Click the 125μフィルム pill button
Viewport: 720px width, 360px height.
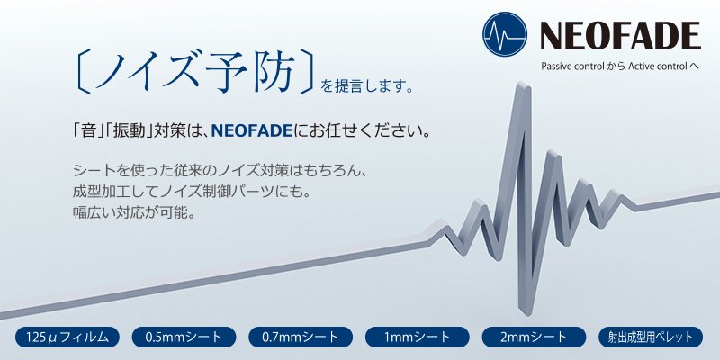pos(67,337)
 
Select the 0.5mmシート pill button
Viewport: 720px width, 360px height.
pos(184,337)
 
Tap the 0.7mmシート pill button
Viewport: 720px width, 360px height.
pos(301,337)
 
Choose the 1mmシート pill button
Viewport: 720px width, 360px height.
pos(417,337)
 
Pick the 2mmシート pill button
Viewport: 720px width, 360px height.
pos(534,337)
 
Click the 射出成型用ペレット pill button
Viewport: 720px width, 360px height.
pos(651,337)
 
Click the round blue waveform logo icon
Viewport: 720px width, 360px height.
pos(505,34)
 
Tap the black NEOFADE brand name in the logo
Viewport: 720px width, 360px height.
pos(620,36)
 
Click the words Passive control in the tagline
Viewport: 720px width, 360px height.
pos(572,67)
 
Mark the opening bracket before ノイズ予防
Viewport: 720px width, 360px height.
pos(82,72)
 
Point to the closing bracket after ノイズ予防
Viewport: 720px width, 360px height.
pos(308,72)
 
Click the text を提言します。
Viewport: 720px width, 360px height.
pos(367,86)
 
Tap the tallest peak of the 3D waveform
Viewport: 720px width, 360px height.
pos(523,85)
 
